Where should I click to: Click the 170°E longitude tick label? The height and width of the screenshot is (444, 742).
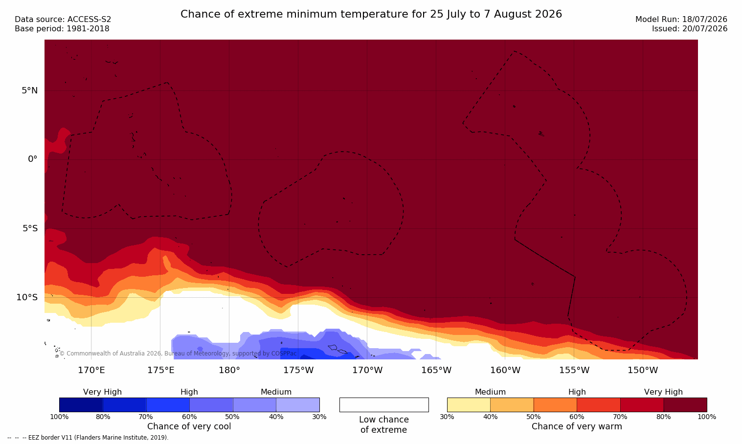coord(91,370)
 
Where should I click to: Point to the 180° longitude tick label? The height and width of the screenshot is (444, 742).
coord(229,370)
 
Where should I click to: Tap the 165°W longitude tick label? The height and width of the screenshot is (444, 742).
coord(436,370)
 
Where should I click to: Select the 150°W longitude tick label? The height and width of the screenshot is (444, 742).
coord(643,370)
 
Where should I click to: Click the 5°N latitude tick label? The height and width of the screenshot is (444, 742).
coord(30,90)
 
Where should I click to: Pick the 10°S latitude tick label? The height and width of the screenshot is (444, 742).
coord(27,297)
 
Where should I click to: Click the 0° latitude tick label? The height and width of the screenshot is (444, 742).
coord(33,159)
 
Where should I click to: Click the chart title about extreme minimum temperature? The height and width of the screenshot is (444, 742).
coord(371,14)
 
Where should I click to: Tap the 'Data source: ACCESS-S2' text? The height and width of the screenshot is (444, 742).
coord(63,20)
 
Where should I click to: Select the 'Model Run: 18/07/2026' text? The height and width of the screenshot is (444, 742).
coord(681,20)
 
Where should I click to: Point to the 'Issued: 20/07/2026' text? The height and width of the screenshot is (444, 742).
coord(690,29)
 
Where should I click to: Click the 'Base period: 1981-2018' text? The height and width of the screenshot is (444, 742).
coord(62,29)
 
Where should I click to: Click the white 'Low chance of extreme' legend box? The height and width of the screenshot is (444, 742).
coord(384,404)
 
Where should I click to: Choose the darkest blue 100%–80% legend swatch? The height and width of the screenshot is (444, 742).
coord(81,404)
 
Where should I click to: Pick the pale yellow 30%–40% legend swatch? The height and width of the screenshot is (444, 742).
coord(469,404)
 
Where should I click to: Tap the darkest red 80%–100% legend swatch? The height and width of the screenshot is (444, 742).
coord(685,404)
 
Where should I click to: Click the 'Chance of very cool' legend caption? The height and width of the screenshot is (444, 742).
coord(189,426)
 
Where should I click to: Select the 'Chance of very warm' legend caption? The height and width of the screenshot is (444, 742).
coord(577,426)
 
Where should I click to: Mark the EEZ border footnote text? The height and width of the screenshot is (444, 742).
coord(88,437)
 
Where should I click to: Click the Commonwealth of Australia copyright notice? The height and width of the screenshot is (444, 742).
coord(178,354)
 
